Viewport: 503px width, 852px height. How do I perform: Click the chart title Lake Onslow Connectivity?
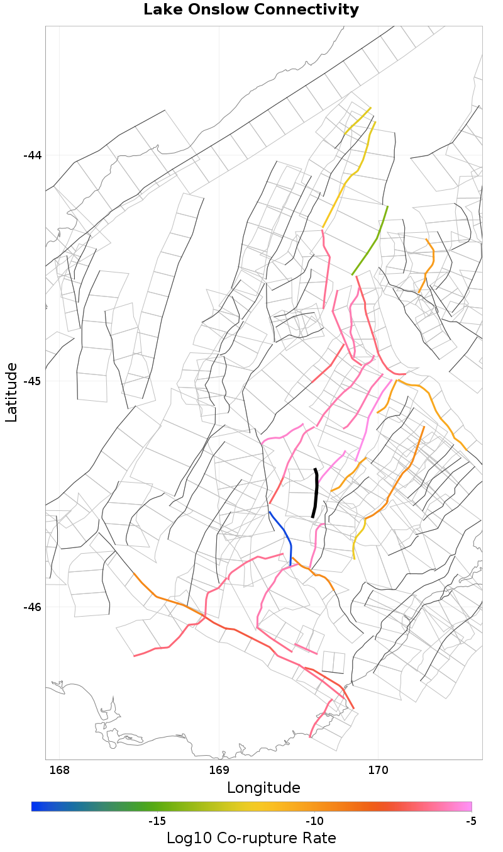[251, 10]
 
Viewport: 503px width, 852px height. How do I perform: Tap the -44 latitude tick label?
[32, 155]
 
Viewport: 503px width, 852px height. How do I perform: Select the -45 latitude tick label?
[32, 381]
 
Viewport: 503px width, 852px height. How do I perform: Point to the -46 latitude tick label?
[32, 607]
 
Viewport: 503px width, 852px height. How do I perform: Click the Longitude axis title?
[263, 788]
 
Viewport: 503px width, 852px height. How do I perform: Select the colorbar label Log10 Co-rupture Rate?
[251, 838]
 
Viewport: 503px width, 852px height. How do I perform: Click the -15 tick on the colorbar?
[157, 821]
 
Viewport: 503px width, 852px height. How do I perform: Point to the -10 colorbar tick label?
[314, 821]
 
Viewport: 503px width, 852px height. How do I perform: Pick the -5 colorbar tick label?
[470, 821]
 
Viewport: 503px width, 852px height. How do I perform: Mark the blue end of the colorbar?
[34, 806]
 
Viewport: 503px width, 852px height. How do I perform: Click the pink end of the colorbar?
[468, 806]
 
